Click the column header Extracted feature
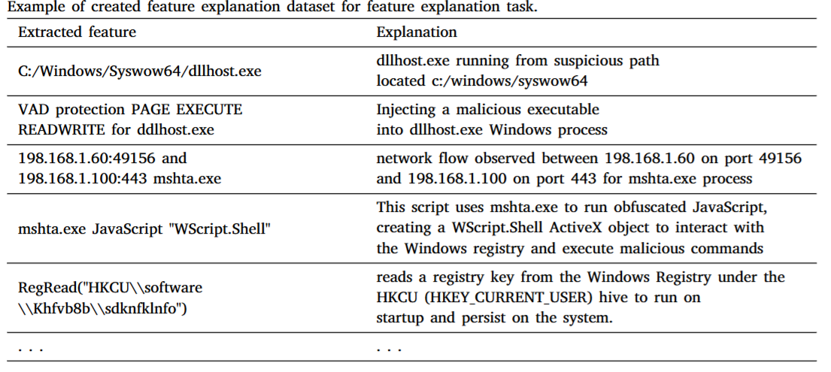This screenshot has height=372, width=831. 77,32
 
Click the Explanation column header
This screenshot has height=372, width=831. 417,32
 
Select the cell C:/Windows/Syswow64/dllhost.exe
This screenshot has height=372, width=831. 139,71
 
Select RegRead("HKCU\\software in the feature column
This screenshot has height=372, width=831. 111,289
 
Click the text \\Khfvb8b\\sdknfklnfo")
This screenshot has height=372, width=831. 102,309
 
